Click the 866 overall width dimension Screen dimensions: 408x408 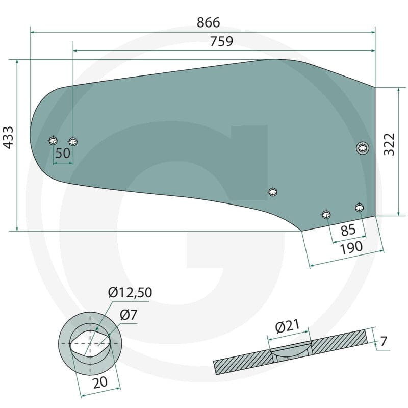208,22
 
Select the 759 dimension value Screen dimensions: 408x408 221,42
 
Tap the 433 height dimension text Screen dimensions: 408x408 9,137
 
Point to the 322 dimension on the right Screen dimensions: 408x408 389,145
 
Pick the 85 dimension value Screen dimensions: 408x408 348,230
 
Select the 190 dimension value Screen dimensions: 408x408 351,247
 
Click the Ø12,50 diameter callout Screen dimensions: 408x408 130,293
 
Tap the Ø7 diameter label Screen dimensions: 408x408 129,316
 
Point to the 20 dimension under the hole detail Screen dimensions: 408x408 100,382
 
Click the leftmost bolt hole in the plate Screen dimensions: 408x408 53,140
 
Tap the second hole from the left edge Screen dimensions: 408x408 73,140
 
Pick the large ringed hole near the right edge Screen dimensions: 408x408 362,148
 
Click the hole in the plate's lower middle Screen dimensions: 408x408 273,192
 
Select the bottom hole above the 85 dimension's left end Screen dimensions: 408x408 326,214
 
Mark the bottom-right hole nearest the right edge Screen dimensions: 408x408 360,207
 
